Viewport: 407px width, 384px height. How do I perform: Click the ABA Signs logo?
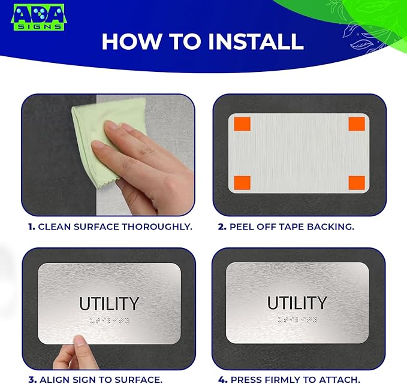pos(39,18)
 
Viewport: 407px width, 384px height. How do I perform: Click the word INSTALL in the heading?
pos(255,41)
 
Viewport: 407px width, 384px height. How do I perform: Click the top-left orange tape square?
pos(242,124)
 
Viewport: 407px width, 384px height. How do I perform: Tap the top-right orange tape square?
pos(356,124)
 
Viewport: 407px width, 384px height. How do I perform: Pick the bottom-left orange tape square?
pos(242,182)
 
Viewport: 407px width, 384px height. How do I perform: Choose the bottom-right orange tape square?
pos(356,182)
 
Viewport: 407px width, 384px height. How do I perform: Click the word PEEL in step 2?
pos(242,227)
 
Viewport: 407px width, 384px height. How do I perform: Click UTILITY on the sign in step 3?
pos(109,304)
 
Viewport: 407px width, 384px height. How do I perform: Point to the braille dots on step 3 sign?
pos(109,320)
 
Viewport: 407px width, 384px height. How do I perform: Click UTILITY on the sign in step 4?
pos(297,303)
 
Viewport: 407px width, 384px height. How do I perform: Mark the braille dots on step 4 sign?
pos(297,320)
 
